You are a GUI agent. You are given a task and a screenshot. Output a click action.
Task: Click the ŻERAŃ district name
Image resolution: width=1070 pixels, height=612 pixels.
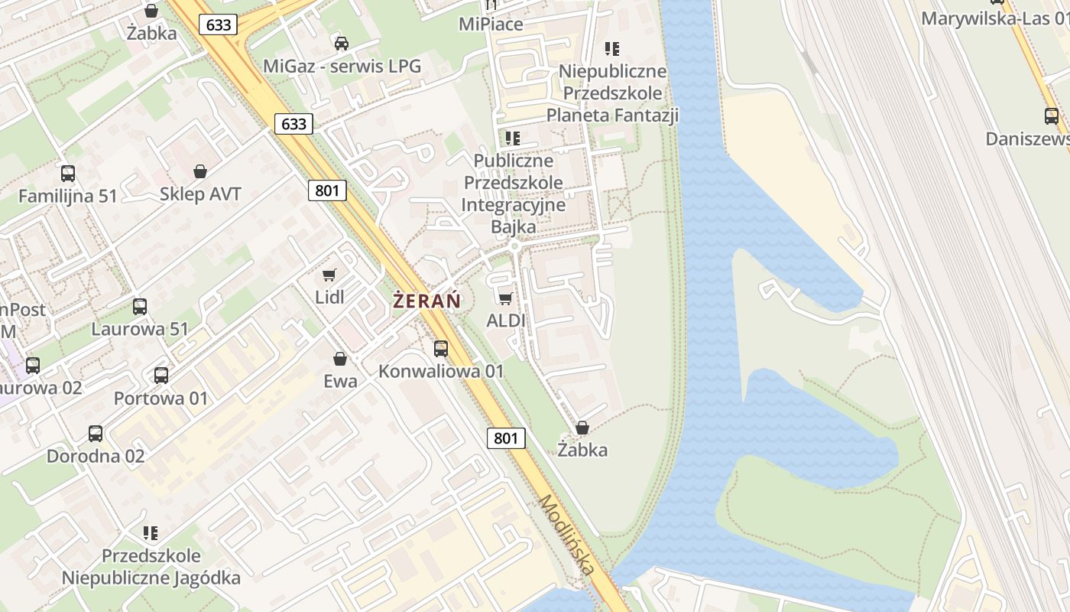click(x=427, y=301)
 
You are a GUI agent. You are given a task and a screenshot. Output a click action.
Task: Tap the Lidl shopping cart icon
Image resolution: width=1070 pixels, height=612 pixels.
click(x=329, y=275)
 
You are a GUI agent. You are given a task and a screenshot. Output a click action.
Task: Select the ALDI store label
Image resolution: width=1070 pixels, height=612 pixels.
click(x=506, y=320)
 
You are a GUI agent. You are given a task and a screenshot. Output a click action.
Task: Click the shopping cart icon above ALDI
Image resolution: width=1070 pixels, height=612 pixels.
click(x=505, y=298)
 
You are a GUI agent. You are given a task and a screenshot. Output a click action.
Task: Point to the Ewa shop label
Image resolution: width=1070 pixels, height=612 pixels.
click(x=340, y=380)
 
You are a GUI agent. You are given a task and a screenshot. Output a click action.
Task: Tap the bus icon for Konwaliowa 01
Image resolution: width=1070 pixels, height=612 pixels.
click(x=441, y=349)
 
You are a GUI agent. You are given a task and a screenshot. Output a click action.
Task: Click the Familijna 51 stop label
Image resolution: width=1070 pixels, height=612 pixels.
click(x=68, y=196)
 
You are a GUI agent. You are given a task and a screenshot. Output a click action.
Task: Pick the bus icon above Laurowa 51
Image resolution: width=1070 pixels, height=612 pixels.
click(x=139, y=307)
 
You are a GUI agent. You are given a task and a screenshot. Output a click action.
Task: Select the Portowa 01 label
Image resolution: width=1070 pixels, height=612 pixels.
click(x=160, y=399)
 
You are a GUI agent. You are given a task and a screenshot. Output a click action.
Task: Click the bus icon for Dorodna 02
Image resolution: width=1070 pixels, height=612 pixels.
click(x=96, y=434)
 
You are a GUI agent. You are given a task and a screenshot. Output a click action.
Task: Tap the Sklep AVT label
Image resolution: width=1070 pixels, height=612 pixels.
click(x=200, y=194)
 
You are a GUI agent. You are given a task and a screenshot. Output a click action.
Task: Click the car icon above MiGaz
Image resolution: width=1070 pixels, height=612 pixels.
click(x=342, y=44)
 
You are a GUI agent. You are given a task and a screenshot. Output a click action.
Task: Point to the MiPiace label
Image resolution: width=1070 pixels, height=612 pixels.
click(x=491, y=24)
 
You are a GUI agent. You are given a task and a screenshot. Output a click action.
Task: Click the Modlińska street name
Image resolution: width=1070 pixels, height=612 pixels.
click(x=566, y=535)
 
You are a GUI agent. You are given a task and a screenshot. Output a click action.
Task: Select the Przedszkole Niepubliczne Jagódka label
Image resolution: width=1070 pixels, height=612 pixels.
click(x=151, y=566)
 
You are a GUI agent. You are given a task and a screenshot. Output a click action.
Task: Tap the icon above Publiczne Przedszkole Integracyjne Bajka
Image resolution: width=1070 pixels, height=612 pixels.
click(x=513, y=138)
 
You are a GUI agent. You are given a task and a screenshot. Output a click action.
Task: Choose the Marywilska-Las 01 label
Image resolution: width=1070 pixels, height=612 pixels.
click(x=994, y=18)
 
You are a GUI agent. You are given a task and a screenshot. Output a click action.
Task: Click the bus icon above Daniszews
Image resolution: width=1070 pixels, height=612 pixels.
click(x=1052, y=116)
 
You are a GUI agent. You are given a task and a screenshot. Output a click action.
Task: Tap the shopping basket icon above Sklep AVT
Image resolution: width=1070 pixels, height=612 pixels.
click(x=200, y=171)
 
